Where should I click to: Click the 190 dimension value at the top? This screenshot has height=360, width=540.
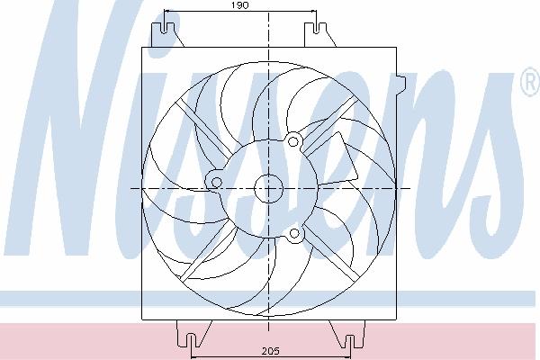coord(240,5)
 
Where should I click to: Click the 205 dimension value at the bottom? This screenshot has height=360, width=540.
coord(270,351)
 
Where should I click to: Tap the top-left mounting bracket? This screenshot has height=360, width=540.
coord(167,34)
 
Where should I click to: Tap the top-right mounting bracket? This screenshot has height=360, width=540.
coord(319,34)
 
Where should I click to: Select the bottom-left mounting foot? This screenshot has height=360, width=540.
coord(193,334)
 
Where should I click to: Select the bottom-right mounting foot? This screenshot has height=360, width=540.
coord(346,334)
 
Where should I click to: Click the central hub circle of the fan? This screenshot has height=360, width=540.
coord(268,189)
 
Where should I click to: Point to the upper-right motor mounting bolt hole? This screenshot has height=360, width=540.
coord(293,141)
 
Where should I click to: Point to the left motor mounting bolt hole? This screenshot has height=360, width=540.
coord(216,182)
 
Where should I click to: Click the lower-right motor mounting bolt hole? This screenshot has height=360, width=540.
coord(294,234)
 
